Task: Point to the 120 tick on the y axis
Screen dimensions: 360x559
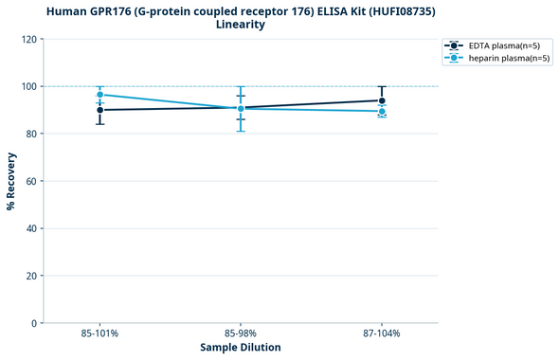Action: coord(30,39)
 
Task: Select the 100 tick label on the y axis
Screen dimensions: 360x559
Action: coord(30,86)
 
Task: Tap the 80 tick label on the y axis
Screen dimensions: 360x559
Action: coord(32,134)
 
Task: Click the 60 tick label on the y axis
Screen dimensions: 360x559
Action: coord(32,181)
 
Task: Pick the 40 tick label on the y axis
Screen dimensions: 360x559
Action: coord(32,228)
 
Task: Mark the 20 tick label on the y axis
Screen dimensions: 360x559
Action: coord(32,276)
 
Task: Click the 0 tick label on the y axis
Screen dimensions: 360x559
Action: coord(35,323)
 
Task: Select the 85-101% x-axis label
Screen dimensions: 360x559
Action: coord(99,334)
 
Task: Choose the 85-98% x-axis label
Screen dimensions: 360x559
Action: coord(241,334)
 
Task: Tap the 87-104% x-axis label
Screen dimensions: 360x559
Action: coord(382,334)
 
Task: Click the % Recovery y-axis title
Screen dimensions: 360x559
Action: coord(12,181)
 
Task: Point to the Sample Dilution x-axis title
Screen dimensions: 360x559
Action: coord(241,348)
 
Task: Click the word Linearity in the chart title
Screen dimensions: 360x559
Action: coord(241,25)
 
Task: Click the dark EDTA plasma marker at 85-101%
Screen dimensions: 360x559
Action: coord(99,110)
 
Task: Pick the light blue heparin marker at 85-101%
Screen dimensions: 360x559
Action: coord(99,95)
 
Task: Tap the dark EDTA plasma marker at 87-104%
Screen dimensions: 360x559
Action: coord(382,100)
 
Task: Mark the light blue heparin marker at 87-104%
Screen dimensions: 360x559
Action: coord(382,112)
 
